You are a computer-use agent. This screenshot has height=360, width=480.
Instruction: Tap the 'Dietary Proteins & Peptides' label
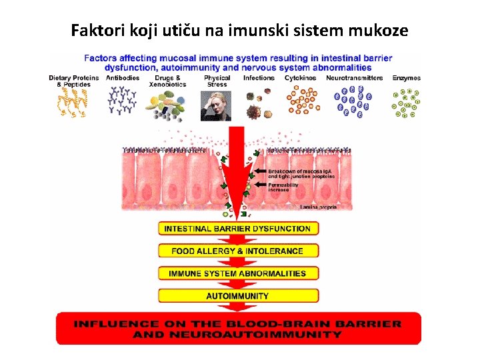tap(73, 81)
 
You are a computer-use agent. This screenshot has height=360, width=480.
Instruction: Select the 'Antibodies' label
tap(123, 78)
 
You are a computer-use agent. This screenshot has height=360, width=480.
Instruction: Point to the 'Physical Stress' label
tap(217, 81)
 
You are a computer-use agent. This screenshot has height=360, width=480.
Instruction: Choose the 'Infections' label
tap(259, 78)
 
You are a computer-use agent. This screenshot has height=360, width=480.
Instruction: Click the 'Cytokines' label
tap(301, 78)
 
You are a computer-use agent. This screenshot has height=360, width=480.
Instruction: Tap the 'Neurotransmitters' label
tap(354, 78)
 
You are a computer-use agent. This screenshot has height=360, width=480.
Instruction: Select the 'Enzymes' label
tap(406, 78)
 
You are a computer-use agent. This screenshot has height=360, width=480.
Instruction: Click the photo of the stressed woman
tap(216, 105)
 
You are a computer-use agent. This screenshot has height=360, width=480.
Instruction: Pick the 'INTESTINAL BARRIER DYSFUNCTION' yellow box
tap(237, 229)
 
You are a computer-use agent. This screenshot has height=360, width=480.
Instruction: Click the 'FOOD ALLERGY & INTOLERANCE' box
tap(237, 251)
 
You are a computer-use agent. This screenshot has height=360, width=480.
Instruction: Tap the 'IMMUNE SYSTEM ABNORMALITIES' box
tap(237, 273)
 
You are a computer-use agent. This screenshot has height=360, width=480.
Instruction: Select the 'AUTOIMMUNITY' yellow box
tap(237, 295)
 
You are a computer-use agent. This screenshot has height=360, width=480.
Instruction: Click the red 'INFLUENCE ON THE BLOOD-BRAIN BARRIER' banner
tap(238, 329)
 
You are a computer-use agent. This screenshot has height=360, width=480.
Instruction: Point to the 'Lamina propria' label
tap(319, 207)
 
